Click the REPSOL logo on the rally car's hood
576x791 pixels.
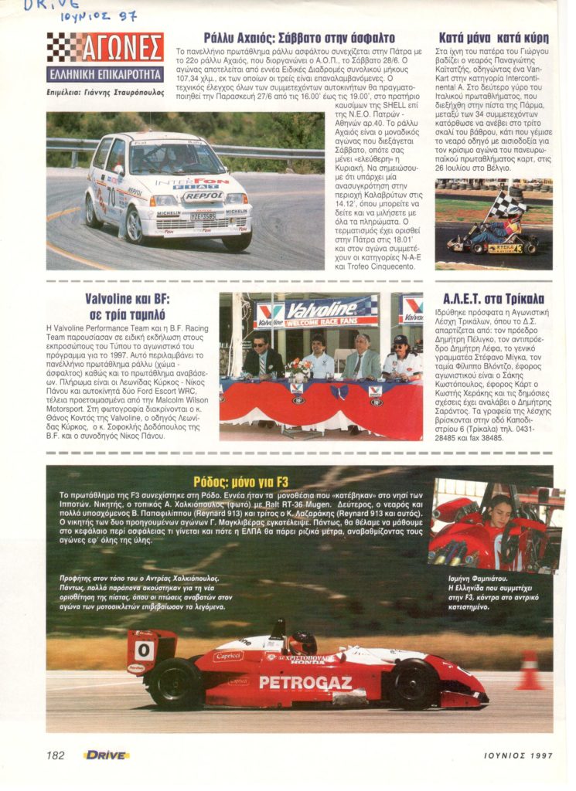203,196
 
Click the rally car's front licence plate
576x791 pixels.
203,217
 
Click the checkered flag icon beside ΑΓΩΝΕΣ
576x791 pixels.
64,47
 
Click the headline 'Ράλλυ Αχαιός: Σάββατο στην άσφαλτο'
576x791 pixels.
299,37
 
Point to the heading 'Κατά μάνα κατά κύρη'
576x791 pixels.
493,37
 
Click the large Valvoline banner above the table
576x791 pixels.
317,313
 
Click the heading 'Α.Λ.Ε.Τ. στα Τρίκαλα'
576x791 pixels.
493,298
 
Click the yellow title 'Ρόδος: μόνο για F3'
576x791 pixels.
300,482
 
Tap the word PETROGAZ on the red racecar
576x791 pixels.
305,683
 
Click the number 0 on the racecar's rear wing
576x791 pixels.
144,650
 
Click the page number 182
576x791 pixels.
55,755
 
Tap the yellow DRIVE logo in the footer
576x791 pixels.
106,755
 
